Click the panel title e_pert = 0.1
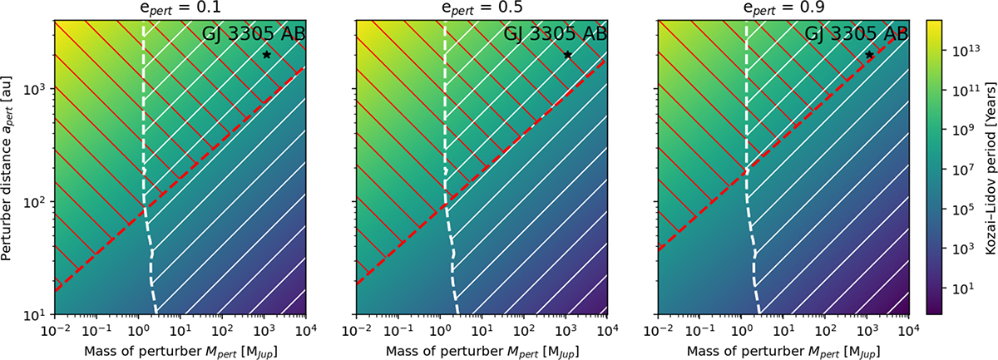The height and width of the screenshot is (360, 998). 180,9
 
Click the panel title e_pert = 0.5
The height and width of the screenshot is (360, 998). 482,9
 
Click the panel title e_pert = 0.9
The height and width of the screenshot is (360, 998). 783,9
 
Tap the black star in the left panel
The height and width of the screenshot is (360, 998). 266,55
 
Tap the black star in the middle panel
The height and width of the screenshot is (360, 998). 568,55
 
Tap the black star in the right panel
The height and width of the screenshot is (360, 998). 869,55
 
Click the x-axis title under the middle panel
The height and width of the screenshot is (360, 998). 482,348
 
